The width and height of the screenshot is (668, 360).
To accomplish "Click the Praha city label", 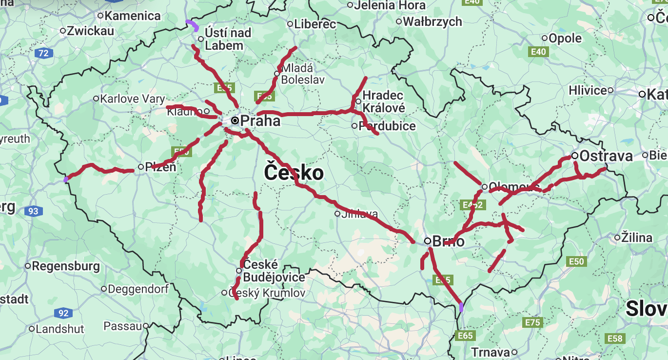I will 260,120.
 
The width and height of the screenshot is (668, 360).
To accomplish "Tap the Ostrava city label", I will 606,156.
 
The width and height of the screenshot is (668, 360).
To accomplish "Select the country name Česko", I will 294,173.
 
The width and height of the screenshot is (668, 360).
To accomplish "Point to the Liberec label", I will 315,24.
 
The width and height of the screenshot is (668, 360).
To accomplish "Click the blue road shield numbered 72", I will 43,53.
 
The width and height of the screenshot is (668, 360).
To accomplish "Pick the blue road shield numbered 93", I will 33,211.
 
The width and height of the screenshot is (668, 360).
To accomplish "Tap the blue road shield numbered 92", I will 63,313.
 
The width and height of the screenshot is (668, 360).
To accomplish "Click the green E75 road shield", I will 532,322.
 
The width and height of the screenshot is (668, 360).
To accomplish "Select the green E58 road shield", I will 614,338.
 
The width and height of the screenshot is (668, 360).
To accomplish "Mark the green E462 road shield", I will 472,205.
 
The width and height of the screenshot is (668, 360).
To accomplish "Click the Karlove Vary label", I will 132,99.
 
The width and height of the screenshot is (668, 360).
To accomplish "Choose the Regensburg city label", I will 66,266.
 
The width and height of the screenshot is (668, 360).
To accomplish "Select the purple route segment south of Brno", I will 461,307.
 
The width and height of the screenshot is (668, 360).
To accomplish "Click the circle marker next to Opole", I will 545,38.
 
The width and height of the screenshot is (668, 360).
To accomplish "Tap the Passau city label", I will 124,326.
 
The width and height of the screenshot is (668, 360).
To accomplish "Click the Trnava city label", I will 490,352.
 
